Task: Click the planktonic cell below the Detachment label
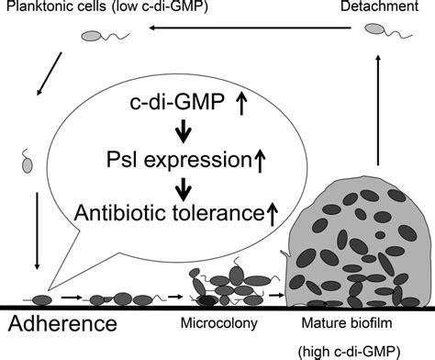pos(375,30)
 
